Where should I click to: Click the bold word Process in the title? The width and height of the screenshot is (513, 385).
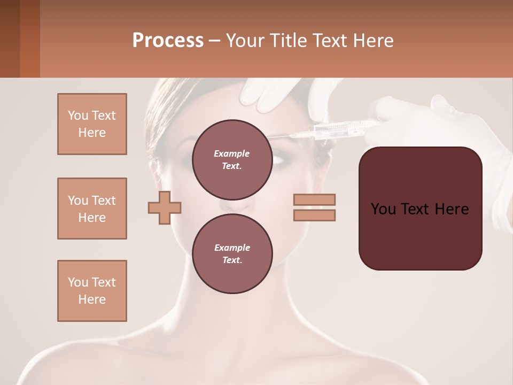[x=168, y=41]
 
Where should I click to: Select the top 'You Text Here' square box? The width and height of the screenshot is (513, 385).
[x=92, y=124]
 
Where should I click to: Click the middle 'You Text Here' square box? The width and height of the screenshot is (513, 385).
[x=92, y=209]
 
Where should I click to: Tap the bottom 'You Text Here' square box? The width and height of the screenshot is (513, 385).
[x=92, y=291]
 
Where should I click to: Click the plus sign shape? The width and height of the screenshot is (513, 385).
[x=165, y=207]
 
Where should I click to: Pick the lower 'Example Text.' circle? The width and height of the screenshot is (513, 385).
[x=232, y=253]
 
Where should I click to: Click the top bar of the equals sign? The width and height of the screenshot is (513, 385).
[x=314, y=200]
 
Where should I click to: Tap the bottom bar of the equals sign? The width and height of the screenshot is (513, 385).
[x=314, y=215]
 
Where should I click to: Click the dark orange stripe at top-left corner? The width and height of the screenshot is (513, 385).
[x=30, y=38]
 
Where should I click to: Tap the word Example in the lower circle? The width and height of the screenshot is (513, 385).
[x=232, y=248]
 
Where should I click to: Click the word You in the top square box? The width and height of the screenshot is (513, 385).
[x=78, y=115]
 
